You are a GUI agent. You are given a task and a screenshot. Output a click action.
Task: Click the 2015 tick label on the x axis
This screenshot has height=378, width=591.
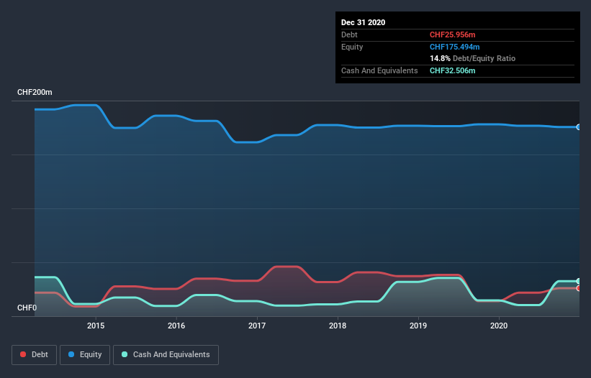[96, 326]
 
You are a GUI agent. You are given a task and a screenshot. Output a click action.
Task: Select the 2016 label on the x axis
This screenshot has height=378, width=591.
[176, 326]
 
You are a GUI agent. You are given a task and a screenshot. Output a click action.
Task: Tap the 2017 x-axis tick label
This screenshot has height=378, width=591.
[257, 326]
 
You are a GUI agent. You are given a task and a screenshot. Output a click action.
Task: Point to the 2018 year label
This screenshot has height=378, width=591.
[338, 326]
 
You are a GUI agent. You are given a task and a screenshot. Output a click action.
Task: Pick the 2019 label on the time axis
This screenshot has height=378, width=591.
[418, 326]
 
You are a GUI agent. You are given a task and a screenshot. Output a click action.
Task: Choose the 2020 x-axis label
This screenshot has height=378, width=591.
[499, 326]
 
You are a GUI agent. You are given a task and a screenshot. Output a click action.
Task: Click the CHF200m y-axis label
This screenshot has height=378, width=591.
[35, 93]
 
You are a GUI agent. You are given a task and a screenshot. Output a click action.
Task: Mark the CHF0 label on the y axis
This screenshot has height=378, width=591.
[27, 308]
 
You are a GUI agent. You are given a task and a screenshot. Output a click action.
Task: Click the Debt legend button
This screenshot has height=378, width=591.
[33, 354]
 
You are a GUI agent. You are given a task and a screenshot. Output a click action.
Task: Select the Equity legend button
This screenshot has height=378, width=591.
[85, 354]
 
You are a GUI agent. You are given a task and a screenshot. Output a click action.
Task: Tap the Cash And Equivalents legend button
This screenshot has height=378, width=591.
[166, 354]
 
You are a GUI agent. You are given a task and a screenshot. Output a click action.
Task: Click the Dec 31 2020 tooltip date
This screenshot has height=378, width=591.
[363, 22]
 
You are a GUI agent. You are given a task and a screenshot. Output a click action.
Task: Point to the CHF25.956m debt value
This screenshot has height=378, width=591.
[454, 34]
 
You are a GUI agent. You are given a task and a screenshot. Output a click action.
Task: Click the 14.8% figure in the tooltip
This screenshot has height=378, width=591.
[440, 58]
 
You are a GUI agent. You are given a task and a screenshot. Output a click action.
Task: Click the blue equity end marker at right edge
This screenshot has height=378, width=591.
[578, 127]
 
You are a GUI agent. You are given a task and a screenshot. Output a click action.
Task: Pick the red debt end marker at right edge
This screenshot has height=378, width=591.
[578, 288]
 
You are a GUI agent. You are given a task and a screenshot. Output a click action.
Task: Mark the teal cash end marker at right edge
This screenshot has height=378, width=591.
[578, 281]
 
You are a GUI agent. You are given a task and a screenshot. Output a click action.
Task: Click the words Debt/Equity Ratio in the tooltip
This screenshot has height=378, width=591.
[484, 58]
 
